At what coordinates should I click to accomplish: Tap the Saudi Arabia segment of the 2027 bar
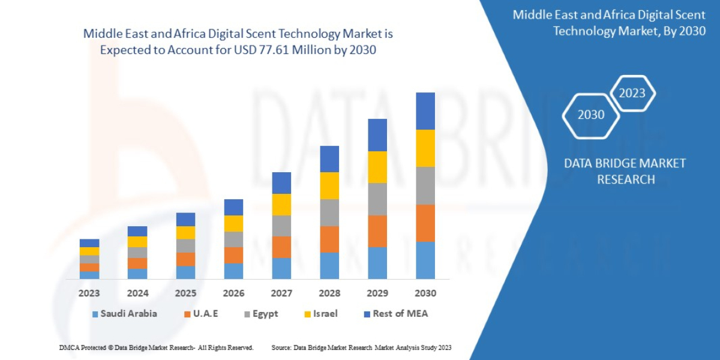pyautogui.click(x=281, y=268)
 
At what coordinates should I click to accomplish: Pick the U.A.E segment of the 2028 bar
pyautogui.click(x=329, y=239)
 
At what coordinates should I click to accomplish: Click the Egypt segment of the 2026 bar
pyautogui.click(x=233, y=239)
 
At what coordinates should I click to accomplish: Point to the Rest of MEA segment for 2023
pyautogui.click(x=89, y=243)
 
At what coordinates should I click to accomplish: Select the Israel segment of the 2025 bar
pyautogui.click(x=185, y=232)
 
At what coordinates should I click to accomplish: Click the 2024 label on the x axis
pyautogui.click(x=137, y=293)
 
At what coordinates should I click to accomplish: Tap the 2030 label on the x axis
pyautogui.click(x=425, y=293)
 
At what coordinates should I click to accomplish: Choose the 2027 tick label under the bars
pyautogui.click(x=281, y=293)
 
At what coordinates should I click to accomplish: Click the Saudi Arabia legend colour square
pyautogui.click(x=95, y=314)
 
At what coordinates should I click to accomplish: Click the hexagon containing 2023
pyautogui.click(x=632, y=93)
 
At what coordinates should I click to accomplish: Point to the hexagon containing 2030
pyautogui.click(x=591, y=115)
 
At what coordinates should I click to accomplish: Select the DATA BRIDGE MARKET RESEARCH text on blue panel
pyautogui.click(x=625, y=171)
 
